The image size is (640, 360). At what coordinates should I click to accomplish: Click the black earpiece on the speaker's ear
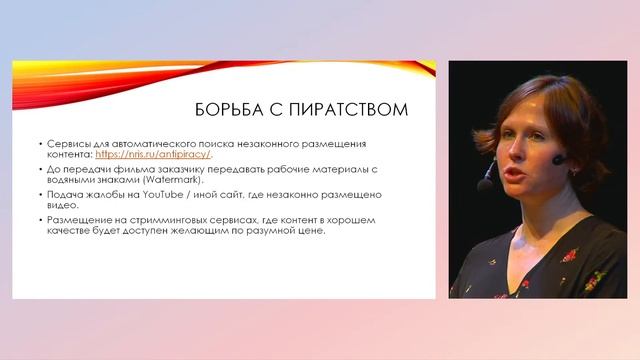point(557,158)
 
